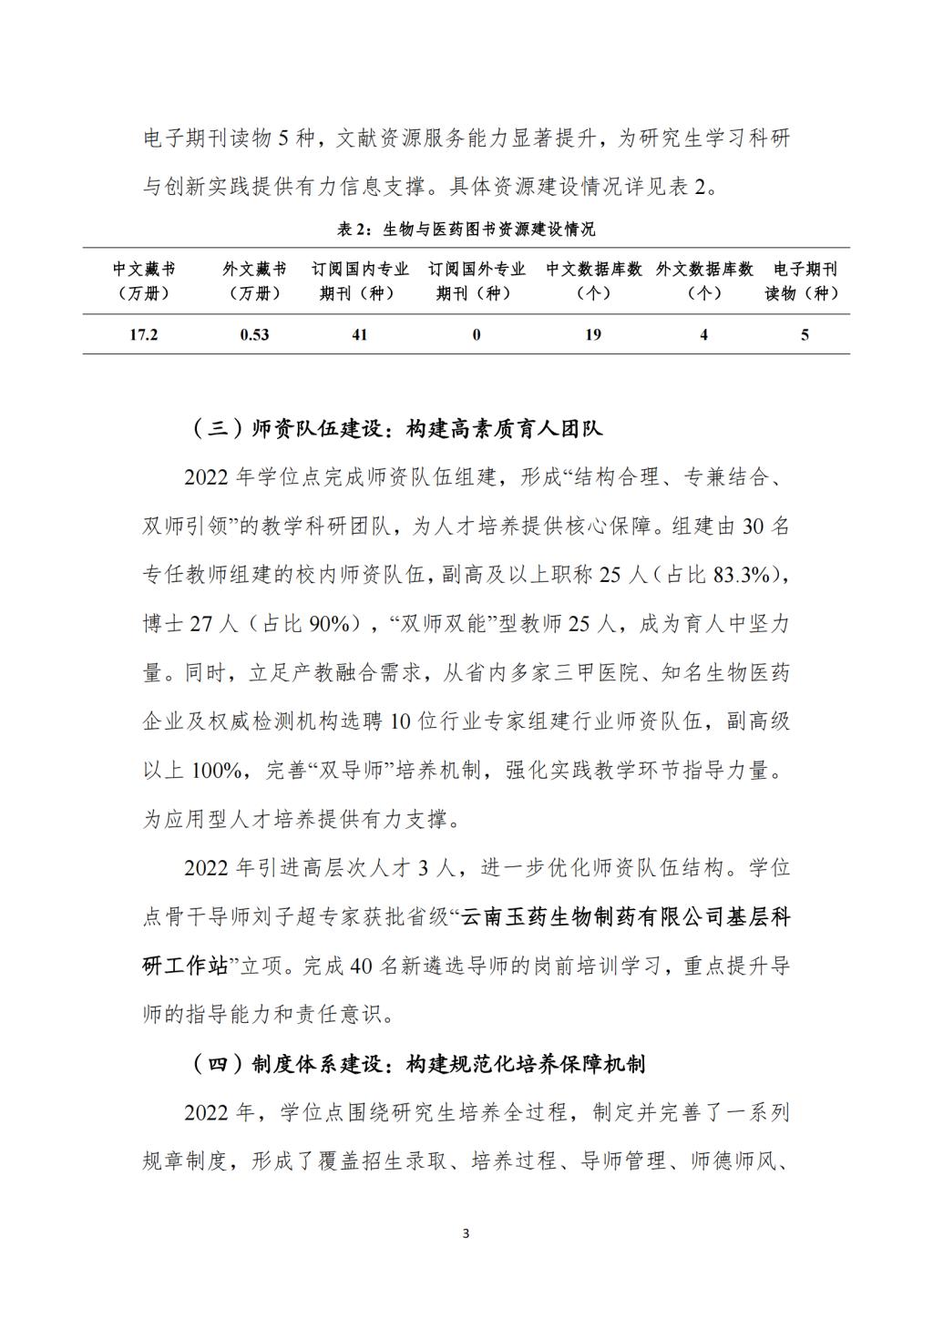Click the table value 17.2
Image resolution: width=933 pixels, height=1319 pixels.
pos(144,334)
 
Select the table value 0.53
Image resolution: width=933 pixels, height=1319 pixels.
pos(254,334)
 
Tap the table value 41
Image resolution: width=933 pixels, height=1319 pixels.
pos(360,334)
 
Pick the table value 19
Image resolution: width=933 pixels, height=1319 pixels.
pos(593,334)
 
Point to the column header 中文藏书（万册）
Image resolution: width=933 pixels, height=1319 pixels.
pos(144,281)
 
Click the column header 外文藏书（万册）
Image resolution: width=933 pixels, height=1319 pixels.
pos(254,281)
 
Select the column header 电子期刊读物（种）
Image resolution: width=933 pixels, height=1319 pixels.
pos(805,281)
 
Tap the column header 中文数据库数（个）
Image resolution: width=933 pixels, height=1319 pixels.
pos(594,281)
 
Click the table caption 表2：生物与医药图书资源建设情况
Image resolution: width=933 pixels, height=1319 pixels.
pos(466,228)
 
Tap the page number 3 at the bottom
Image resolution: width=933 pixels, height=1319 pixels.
pos(466,1233)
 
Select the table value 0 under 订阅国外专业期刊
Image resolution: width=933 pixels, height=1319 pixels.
pos(476,334)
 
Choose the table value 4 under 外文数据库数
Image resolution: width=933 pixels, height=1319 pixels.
pos(703,334)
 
